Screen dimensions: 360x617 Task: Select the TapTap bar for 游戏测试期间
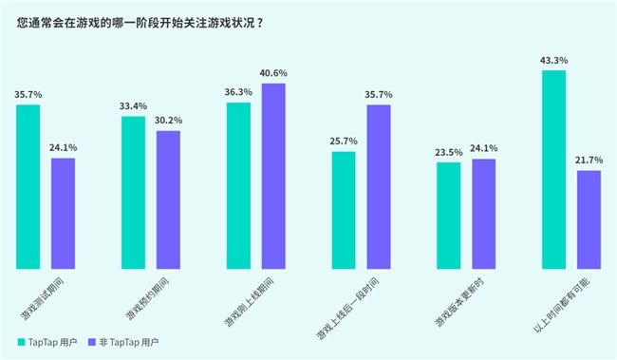point(28,186)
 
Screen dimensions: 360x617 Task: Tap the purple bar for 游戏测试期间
point(63,213)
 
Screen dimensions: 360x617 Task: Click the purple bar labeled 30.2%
point(168,199)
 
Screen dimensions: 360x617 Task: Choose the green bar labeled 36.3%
point(238,185)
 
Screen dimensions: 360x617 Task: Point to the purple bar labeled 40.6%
point(273,176)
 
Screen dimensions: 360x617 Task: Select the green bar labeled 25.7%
point(344,210)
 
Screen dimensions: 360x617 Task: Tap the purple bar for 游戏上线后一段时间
point(379,186)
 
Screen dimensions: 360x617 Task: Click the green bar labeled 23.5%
point(449,215)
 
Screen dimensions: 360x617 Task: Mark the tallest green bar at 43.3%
point(554,169)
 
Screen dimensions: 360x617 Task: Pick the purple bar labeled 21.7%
point(589,219)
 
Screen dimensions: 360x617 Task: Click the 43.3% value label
point(554,61)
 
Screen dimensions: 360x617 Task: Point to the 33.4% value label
point(134,106)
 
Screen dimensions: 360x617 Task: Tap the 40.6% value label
point(273,73)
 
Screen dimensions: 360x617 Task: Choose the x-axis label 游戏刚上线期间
point(248,302)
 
